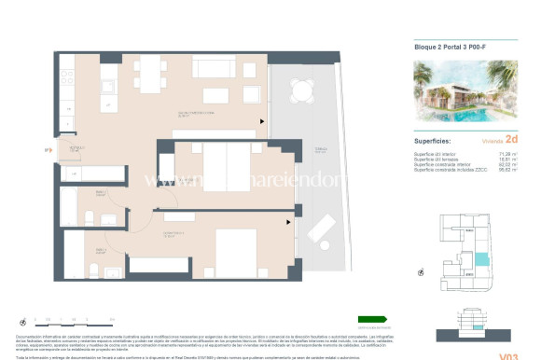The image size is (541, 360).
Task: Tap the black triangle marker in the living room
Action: [263, 120]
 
